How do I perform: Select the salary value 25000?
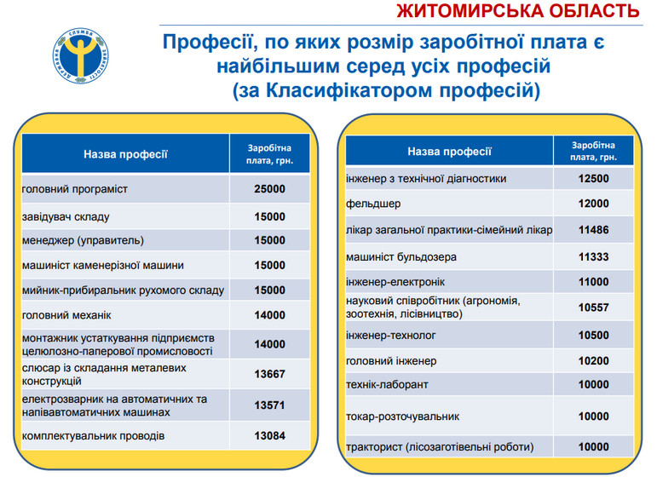269,188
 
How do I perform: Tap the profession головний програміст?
75,188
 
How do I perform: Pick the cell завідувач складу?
66,216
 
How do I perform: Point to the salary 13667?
269,373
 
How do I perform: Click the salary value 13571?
269,405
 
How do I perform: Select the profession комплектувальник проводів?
94,436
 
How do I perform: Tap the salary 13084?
269,436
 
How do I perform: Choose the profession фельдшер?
373,204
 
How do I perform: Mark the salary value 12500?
592,179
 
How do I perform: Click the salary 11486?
592,230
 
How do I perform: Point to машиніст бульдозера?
401,256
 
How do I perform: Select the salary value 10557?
592,307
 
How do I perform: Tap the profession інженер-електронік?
395,282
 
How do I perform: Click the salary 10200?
592,359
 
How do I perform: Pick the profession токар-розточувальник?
403,417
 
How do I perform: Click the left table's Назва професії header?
125,154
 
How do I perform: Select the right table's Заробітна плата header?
592,151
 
